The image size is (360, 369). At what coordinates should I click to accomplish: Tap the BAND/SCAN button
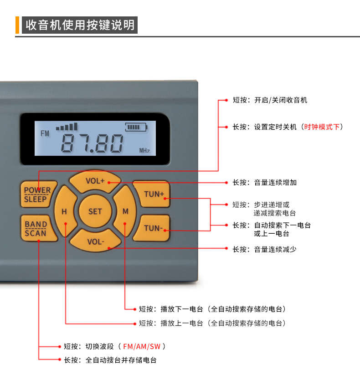tap(36, 228)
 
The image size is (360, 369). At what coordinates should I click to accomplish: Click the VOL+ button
tap(95, 180)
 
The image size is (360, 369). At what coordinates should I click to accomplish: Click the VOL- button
tap(96, 241)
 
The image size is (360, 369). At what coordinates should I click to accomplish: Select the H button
tap(64, 211)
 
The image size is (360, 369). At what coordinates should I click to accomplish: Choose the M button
tap(125, 211)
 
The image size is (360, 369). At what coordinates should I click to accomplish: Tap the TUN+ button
tap(154, 194)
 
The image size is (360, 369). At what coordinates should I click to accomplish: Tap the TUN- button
tap(154, 228)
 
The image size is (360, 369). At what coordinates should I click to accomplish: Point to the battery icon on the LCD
tap(137, 127)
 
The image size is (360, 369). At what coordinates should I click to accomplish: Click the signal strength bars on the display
tap(67, 127)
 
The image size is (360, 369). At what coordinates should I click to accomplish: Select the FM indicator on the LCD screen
tap(45, 133)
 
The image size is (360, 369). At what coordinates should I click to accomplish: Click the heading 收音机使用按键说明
tap(80, 25)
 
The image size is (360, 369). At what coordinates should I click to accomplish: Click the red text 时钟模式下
tap(322, 127)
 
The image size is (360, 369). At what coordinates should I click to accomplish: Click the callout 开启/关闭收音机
tap(281, 100)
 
